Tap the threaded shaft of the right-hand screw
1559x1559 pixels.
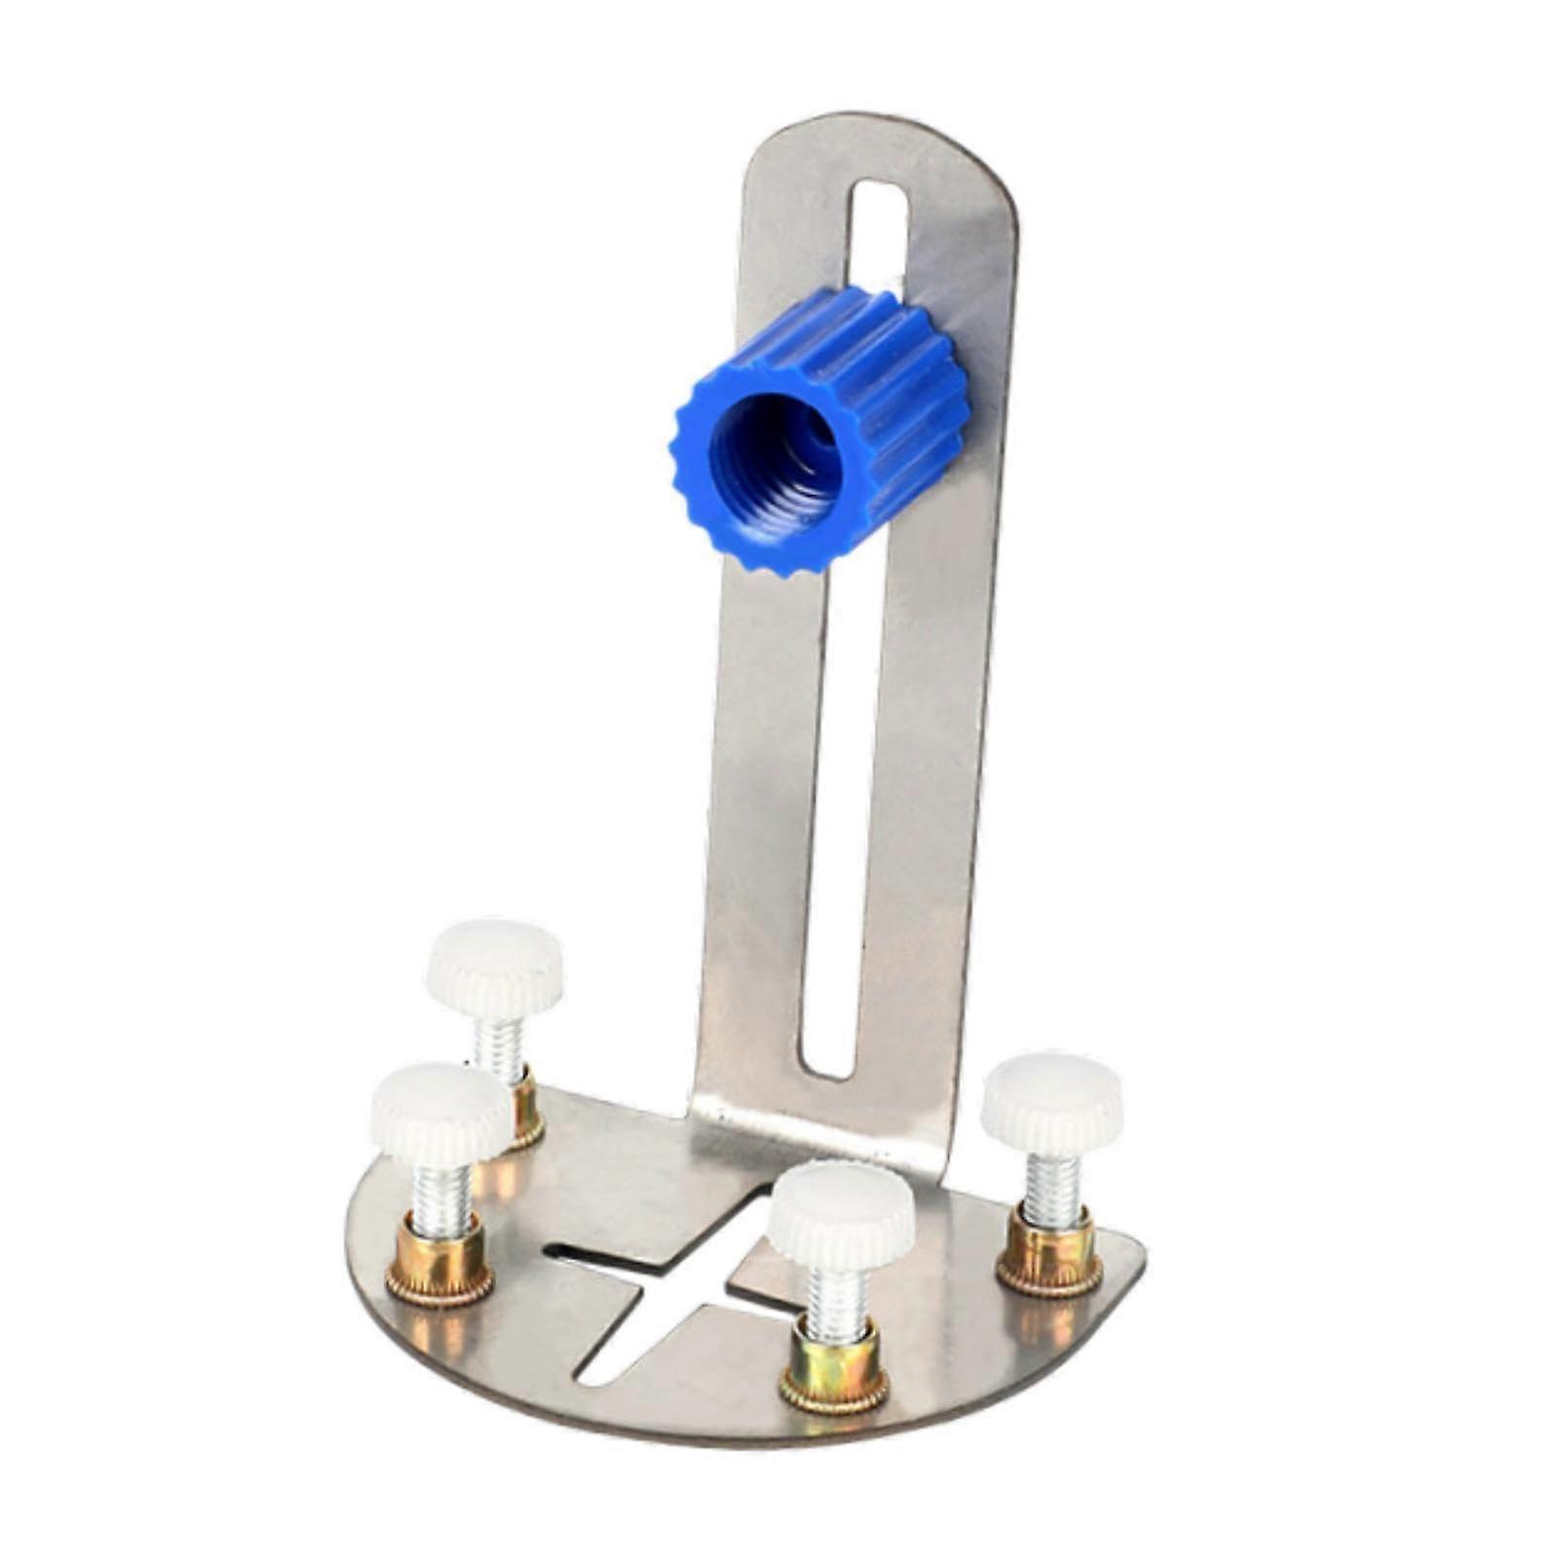(x=1052, y=1189)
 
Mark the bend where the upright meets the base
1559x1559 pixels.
(x=818, y=1135)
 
